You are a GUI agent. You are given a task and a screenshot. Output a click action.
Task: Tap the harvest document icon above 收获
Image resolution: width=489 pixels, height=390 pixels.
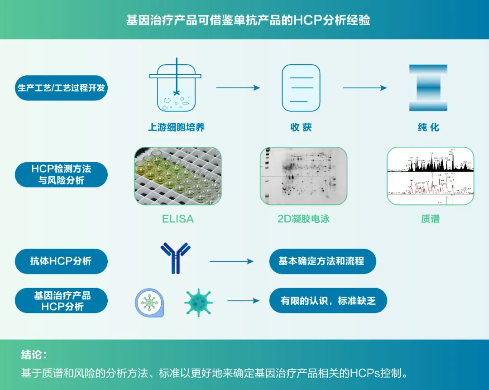301,88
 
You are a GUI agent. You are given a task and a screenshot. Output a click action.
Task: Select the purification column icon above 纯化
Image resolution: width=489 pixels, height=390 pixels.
428,88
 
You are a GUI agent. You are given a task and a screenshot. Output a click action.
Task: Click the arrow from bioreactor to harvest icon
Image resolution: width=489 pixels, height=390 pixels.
238,88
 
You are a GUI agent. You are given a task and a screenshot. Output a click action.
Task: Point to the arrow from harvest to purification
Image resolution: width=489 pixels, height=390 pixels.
365,88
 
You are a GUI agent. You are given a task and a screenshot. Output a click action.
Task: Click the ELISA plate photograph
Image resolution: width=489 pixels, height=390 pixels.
178,176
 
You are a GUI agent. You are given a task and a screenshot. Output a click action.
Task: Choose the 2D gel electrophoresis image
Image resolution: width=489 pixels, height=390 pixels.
303,176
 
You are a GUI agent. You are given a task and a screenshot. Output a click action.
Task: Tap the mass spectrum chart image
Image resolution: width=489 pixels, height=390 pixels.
430,176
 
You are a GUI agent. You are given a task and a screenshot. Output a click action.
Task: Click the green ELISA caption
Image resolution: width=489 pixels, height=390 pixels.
178,219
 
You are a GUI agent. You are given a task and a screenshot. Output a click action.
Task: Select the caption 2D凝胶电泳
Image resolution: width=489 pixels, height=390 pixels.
303,219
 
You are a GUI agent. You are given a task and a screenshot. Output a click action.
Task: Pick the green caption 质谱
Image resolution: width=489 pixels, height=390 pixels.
430,219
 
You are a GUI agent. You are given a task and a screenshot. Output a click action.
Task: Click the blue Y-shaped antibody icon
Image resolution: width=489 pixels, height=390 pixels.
175,258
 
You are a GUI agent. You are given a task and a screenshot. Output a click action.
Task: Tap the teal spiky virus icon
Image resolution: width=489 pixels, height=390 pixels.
198,302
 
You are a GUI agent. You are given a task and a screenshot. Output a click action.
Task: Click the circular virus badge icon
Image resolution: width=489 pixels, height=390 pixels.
149,303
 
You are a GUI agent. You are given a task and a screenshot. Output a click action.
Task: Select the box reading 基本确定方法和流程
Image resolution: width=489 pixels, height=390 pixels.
322,261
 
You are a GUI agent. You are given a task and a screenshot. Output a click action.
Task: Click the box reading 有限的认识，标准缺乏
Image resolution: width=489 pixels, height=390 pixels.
328,300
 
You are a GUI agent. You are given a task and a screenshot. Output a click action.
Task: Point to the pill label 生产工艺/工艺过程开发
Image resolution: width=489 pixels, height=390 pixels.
61,87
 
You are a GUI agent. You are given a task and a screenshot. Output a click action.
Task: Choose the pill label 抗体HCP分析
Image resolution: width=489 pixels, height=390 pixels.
61,261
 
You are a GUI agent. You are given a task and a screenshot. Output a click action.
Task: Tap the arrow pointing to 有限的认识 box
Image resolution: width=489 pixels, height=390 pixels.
243,300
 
